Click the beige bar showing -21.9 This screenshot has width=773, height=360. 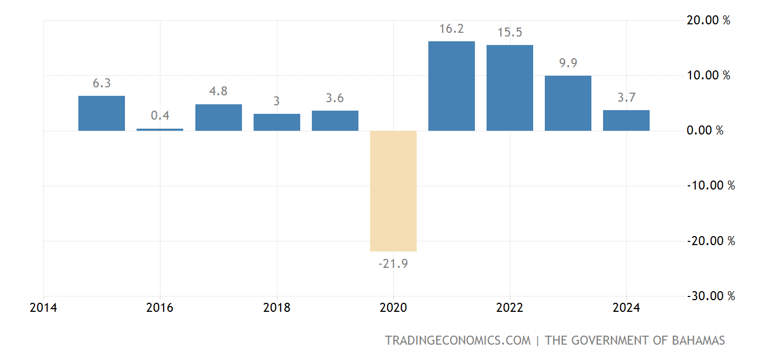(393, 191)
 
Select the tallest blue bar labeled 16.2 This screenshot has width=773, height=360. (451, 86)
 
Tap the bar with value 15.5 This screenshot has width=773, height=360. (509, 88)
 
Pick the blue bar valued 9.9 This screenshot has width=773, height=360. (568, 103)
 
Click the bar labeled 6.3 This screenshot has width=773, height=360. (102, 113)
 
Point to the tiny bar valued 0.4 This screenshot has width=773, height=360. (160, 129)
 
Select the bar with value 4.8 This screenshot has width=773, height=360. (218, 117)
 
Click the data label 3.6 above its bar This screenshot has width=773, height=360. (335, 98)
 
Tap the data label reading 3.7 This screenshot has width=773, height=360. (626, 98)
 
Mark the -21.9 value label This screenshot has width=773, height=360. (393, 264)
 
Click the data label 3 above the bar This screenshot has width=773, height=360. (276, 101)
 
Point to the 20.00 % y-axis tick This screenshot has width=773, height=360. (708, 21)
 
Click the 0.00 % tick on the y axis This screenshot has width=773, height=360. (705, 131)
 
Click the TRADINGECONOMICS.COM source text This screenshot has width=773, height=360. (457, 340)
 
